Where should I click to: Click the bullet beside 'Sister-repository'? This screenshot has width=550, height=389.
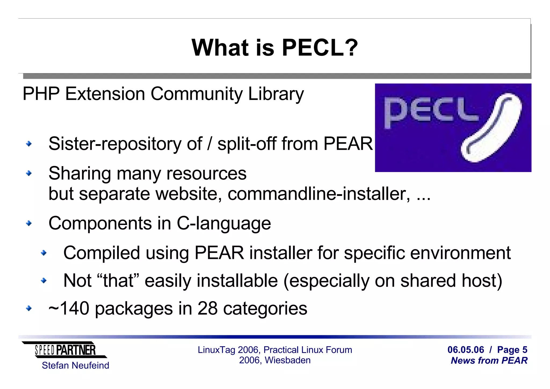[x=29, y=144]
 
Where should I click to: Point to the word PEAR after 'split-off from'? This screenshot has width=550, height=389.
[x=348, y=144]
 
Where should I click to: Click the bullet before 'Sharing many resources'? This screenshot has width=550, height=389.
[x=29, y=174]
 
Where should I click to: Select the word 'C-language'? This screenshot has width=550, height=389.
[x=224, y=223]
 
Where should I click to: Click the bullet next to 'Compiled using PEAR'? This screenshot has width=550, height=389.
[x=44, y=253]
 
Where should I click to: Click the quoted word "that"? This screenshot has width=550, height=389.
[x=118, y=281]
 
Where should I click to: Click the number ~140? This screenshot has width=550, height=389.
[x=69, y=308]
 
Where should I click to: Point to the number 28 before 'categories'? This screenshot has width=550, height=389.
[x=207, y=308]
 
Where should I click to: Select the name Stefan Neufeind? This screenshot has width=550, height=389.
[x=75, y=366]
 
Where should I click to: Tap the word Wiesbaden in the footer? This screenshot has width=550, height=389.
[x=288, y=360]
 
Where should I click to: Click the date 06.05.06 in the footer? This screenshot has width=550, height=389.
[x=466, y=350]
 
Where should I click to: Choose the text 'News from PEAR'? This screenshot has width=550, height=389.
[x=489, y=361]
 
